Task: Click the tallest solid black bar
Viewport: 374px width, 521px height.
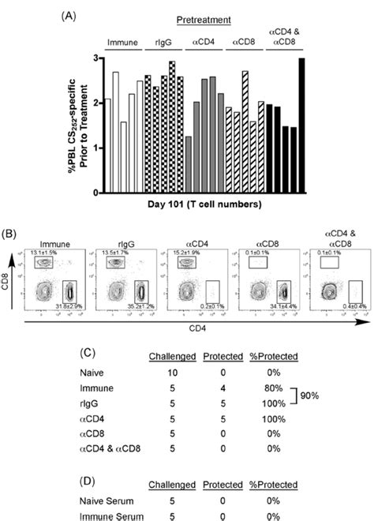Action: tap(300, 126)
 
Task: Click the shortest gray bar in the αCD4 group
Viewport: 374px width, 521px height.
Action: tap(189, 164)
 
